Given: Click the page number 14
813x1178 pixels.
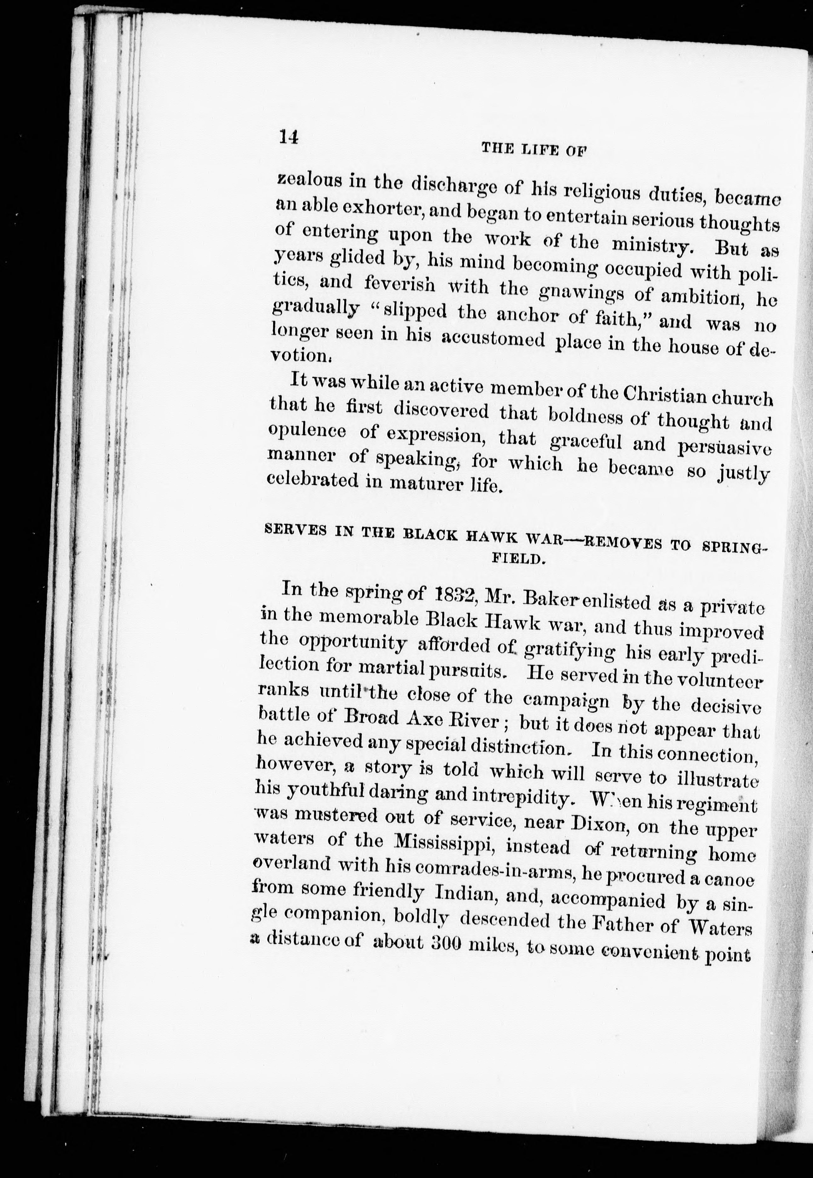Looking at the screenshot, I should coord(288,137).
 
